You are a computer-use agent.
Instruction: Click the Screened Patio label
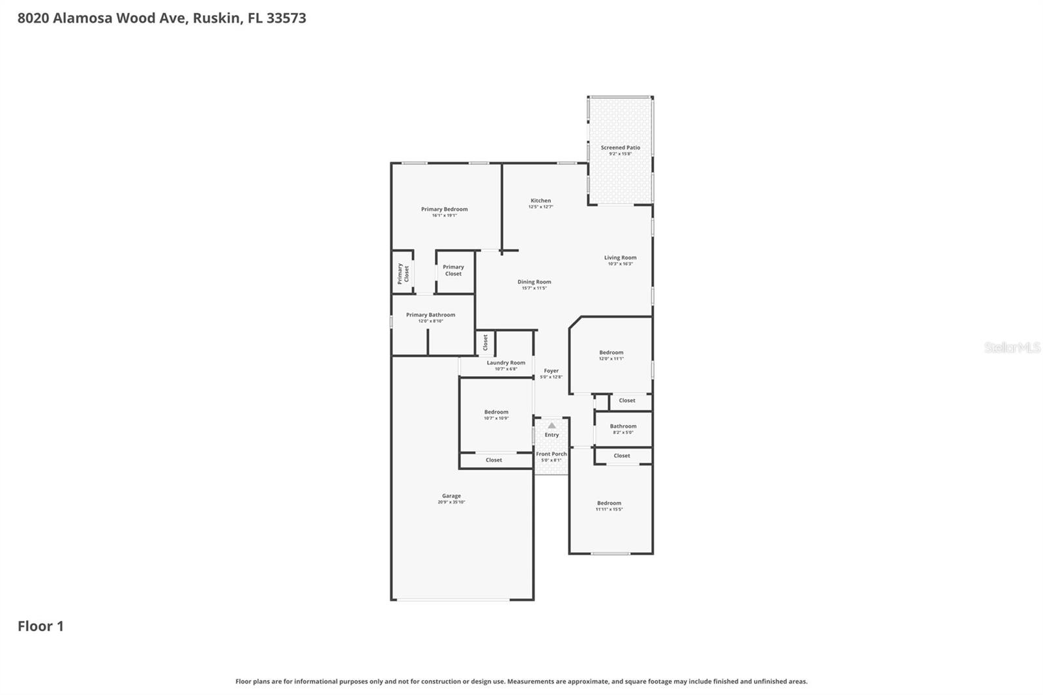[620, 148]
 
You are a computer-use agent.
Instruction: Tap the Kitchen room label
[540, 201]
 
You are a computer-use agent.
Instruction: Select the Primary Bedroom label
[444, 209]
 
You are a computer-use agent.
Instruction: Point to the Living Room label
[620, 258]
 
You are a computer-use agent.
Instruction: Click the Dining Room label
[534, 282]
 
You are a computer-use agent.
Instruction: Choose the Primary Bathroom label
[430, 315]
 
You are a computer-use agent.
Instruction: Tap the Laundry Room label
[506, 363]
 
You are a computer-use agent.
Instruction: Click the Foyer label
[551, 371]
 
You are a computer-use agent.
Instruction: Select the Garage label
[451, 496]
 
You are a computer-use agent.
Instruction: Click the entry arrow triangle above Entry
[551, 426]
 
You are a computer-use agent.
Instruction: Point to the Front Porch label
[551, 454]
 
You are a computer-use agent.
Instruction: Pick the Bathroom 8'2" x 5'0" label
[623, 426]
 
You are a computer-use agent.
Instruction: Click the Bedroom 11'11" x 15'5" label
[609, 503]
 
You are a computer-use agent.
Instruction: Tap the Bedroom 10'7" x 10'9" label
[496, 412]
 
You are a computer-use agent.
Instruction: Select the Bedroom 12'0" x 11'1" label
[611, 353]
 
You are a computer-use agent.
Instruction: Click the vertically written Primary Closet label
[403, 273]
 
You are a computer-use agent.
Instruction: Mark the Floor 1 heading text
[40, 627]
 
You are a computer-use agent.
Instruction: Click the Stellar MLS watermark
[1012, 348]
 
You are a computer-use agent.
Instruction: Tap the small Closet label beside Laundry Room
[485, 342]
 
